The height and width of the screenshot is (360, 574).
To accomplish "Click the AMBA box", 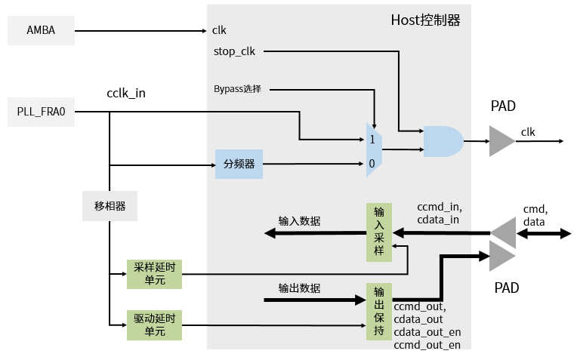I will tap(41, 31).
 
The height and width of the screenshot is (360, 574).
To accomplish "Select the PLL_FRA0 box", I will tap(41, 112).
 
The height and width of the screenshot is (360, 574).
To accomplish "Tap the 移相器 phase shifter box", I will tap(110, 206).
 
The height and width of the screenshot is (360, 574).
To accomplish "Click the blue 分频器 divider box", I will tap(239, 164).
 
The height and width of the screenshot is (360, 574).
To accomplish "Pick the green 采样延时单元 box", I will tap(155, 274).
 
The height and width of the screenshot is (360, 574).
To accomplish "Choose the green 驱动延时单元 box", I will tap(155, 325).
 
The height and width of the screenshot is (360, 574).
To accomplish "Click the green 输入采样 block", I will tap(379, 232).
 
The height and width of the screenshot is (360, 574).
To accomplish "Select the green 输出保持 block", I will tap(379, 312).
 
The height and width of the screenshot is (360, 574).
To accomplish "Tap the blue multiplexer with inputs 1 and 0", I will tap(374, 150).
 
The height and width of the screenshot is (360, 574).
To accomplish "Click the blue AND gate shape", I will tap(443, 141).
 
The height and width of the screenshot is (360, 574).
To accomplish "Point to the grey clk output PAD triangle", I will tap(501, 141).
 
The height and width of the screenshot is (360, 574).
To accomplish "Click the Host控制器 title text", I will tap(425, 20).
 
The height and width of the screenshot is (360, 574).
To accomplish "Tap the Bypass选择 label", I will tap(237, 89).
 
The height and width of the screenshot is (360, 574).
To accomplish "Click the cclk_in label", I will tap(126, 93).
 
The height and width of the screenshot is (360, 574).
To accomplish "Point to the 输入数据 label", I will tap(299, 221).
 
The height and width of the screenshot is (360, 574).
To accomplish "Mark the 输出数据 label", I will tap(299, 288).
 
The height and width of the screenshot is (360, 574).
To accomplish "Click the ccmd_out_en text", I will tap(427, 345).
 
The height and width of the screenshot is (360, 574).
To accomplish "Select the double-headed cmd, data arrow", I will tap(544, 234).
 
